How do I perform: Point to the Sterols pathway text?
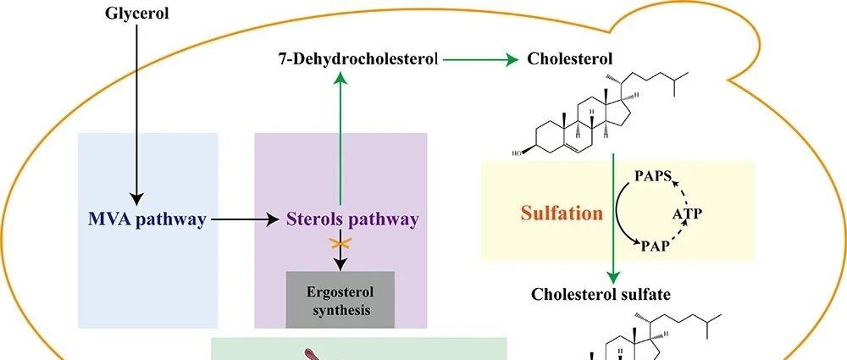coord(352,220)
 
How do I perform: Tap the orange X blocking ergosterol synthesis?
coord(340,244)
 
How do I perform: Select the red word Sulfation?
coord(561,212)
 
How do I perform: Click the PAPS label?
coord(653,176)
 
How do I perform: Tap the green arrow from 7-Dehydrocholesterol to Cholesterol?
coord(479,59)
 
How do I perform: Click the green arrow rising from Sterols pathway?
coord(340,136)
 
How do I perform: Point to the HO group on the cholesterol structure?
coord(517,153)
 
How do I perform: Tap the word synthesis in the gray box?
coord(340,310)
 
